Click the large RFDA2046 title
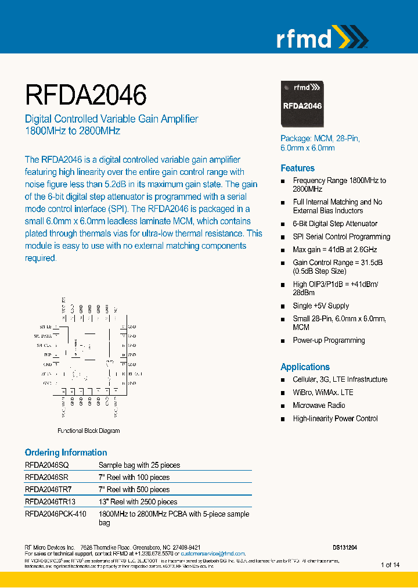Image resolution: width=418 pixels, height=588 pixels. [x=85, y=95]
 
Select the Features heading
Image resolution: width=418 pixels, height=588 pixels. [x=297, y=168]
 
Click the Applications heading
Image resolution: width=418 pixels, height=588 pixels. [x=305, y=367]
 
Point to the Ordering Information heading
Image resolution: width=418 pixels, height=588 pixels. [x=66, y=453]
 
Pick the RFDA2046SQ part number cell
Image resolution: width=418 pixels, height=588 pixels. [x=46, y=465]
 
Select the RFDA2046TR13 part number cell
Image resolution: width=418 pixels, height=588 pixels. [x=50, y=501]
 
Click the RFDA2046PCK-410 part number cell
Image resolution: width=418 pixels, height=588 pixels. [x=55, y=514]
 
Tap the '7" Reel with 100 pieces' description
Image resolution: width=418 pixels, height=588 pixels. [x=134, y=477]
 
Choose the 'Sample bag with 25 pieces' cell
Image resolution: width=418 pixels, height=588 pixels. [x=139, y=465]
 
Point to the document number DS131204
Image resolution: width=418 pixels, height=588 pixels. [x=345, y=547]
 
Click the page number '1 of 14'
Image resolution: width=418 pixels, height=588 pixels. [x=390, y=565]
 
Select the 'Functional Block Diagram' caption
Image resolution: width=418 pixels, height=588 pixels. [x=89, y=431]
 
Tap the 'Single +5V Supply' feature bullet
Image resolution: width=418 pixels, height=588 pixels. [x=320, y=306]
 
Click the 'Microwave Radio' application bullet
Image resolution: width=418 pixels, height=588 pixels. [x=319, y=406]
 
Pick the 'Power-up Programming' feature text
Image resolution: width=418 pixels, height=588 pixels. [x=329, y=340]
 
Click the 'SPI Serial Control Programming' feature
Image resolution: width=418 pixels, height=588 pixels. [x=341, y=236]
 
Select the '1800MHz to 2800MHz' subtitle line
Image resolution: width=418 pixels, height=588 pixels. [x=72, y=131]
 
